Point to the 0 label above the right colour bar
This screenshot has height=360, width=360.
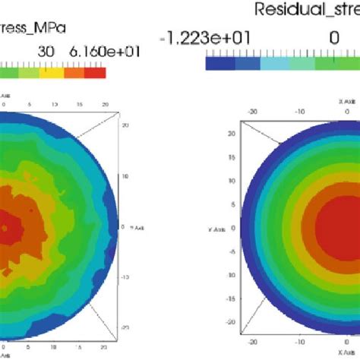[x=333, y=38]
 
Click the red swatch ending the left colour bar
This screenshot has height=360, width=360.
[x=95, y=73]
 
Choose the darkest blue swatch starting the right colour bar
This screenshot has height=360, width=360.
[x=219, y=65]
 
